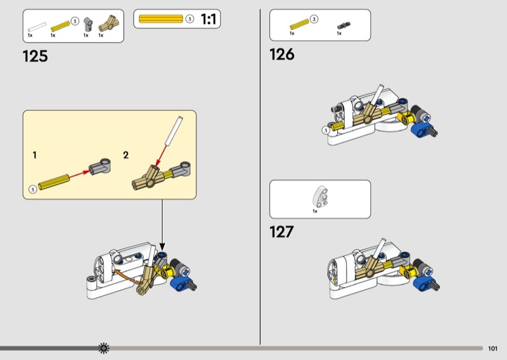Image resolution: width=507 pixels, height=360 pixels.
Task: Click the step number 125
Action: coord(35,56)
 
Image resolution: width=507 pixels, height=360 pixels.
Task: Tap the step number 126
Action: coord(282,55)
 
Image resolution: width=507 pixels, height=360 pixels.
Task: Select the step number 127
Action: coord(281,232)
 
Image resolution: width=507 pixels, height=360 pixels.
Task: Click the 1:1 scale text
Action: coord(209,19)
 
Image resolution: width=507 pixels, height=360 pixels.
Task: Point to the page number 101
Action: coord(492,349)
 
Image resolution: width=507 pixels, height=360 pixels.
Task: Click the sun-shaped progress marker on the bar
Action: coord(104,348)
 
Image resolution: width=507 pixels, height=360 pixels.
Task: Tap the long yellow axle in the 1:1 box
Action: coord(161,19)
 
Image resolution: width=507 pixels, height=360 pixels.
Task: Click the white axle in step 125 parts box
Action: coord(37,27)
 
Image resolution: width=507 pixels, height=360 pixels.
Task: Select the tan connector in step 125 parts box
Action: coord(108,23)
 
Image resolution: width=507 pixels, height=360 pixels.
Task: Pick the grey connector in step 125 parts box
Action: coord(87,24)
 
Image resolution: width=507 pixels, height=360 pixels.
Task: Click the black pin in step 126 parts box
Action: coord(343,25)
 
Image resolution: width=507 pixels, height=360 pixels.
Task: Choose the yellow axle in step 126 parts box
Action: coord(299,24)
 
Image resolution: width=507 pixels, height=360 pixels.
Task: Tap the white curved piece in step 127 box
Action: coord(320,196)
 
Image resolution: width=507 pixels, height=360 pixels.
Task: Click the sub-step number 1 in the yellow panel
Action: coord(35,155)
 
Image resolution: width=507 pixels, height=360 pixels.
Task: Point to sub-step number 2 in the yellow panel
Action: coord(125,155)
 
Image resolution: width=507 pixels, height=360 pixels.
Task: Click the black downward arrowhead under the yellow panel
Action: coord(162,247)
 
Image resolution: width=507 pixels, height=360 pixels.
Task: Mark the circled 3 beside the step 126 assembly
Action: coord(326,131)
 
